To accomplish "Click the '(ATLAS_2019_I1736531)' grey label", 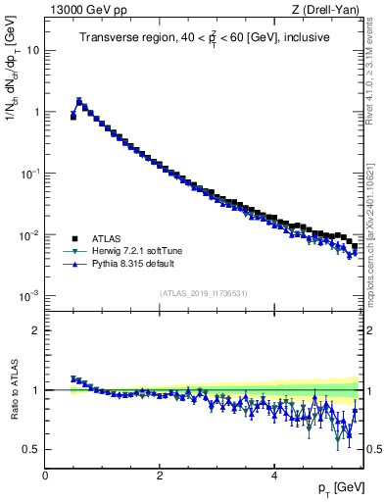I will coord(203,294).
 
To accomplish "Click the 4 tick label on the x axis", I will coord(273,476).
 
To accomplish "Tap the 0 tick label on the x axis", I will coord(45,476).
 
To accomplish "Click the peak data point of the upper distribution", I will coord(79,100).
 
